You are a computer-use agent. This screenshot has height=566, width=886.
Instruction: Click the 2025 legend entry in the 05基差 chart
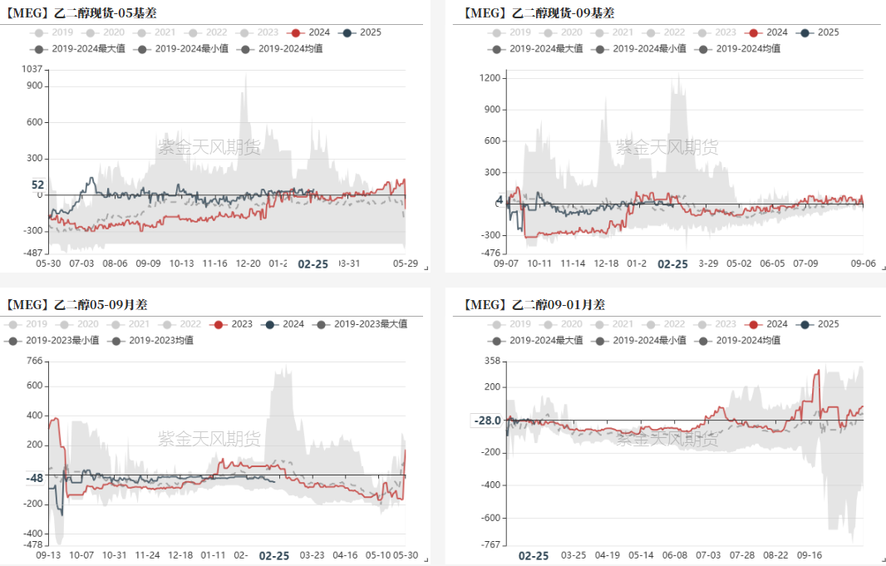coord(362,32)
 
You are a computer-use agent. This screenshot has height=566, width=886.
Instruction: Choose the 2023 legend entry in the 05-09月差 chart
coord(234,324)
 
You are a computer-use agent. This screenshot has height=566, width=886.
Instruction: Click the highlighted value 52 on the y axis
coord(37,185)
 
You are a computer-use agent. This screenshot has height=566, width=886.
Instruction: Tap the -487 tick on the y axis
coord(32,253)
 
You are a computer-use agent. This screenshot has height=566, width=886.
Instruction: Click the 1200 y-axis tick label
coord(490,78)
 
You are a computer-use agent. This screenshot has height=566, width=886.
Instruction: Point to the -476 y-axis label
coord(490,253)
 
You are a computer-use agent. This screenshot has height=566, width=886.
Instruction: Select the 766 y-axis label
coord(34,361)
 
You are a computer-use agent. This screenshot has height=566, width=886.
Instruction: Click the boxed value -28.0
coord(487,421)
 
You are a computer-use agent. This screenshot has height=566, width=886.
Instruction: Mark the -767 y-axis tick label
coord(490,544)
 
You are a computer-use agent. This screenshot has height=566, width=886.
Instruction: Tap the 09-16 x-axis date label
coord(809,555)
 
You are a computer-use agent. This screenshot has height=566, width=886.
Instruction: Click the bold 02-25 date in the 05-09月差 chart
coord(273,555)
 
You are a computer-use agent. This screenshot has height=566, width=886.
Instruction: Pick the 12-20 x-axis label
coord(249,263)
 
